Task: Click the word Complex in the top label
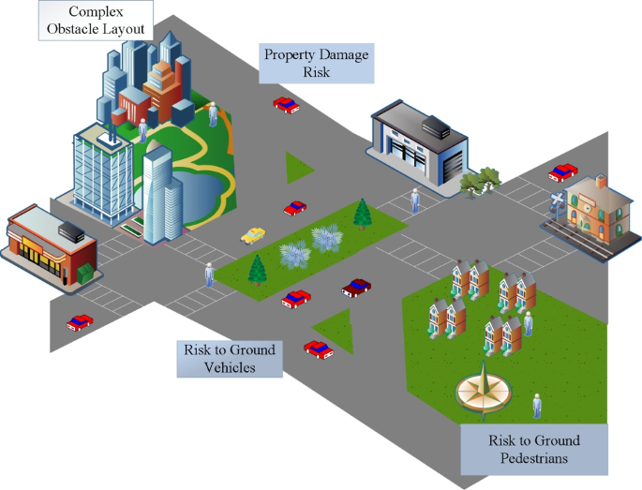coord(96,11)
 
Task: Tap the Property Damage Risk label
coord(316,63)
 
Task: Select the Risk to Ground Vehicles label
coord(230,359)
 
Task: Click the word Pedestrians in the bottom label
coord(534,457)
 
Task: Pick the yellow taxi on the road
coord(253,236)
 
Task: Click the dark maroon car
coord(356,288)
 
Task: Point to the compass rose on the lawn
coord(484,392)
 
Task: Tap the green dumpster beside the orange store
coord(85,273)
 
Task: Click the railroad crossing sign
coord(557,201)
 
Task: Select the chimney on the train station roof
coord(601,182)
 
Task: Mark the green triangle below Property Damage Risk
coord(299,168)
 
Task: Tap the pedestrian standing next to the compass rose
coord(537,406)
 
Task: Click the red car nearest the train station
coord(563,172)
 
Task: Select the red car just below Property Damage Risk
coord(286,105)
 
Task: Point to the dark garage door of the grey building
coord(453,167)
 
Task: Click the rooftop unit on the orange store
coord(71,232)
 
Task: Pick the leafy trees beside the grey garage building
coord(480,182)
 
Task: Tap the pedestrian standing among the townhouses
coord(528,324)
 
